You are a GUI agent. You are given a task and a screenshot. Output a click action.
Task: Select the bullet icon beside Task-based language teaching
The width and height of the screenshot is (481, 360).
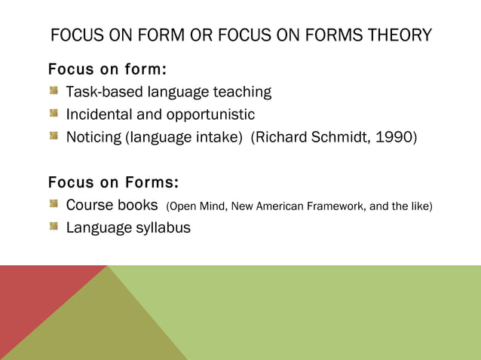click(54, 92)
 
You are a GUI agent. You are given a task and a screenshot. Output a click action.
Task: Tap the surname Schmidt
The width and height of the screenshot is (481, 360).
click(337, 137)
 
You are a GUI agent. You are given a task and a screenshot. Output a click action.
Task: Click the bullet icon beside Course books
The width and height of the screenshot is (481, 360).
click(54, 205)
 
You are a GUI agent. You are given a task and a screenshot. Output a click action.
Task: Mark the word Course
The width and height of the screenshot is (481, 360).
click(90, 205)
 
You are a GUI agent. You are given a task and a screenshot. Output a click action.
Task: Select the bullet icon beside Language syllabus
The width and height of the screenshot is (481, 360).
click(54, 227)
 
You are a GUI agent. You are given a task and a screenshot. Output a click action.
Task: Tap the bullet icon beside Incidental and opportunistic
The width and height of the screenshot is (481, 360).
click(54, 114)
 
